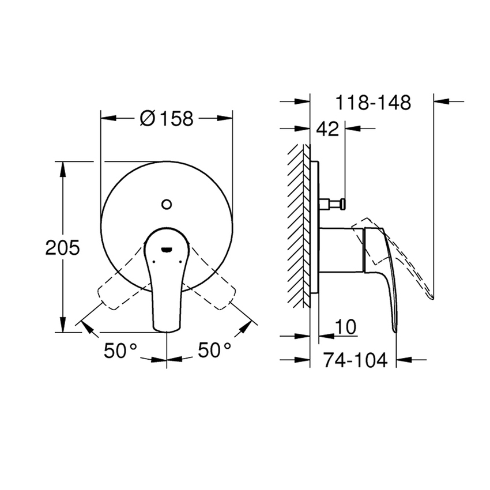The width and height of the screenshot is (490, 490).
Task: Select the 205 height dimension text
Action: (63, 248)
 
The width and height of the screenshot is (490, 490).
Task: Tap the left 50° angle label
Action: (121, 350)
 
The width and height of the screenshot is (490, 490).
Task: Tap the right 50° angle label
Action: (214, 350)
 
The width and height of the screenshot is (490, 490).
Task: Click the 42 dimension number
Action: (327, 130)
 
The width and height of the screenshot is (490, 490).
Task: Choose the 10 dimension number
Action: (345, 326)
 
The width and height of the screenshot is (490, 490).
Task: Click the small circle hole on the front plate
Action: (167, 203)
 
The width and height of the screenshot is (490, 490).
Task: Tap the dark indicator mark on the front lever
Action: (167, 249)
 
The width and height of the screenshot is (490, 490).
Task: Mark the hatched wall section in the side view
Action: (298, 225)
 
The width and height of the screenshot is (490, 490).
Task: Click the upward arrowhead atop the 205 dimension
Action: (63, 167)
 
